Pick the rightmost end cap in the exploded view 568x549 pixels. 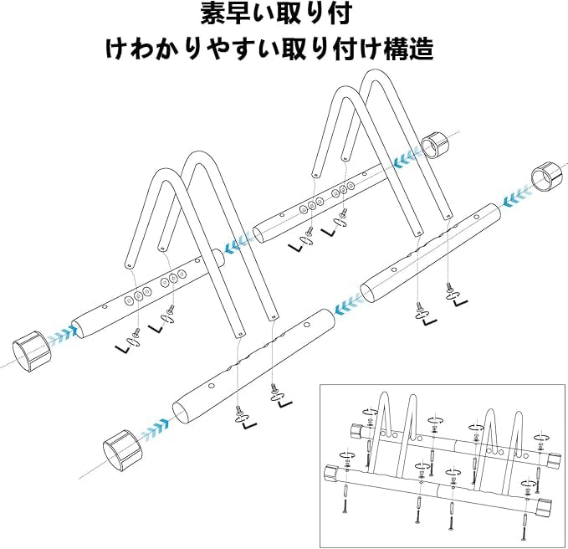tap(545, 177)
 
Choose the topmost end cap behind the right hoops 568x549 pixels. tap(436, 146)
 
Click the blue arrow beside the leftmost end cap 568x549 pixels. tap(60, 336)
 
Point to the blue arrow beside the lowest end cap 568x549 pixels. tap(154, 433)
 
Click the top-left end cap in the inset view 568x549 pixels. tap(354, 432)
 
